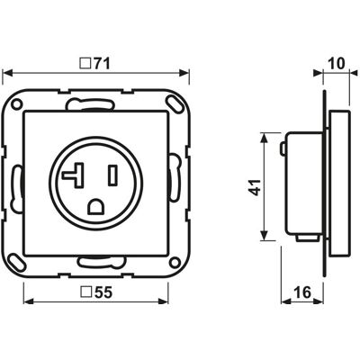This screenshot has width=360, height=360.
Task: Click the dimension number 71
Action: (x=103, y=64)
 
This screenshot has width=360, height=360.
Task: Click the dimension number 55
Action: (x=103, y=292)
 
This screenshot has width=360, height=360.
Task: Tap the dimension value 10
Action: (x=337, y=64)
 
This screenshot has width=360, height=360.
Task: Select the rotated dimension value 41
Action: (x=255, y=187)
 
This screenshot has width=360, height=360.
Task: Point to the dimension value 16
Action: (x=302, y=292)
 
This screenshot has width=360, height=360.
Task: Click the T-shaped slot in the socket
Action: (x=74, y=175)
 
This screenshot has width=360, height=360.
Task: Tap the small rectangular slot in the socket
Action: (x=113, y=175)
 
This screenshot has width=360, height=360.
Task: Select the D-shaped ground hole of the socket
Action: (x=96, y=206)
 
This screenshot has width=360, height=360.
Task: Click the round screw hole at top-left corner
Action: (x=16, y=104)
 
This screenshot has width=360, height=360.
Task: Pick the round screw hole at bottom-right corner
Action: (x=175, y=262)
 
